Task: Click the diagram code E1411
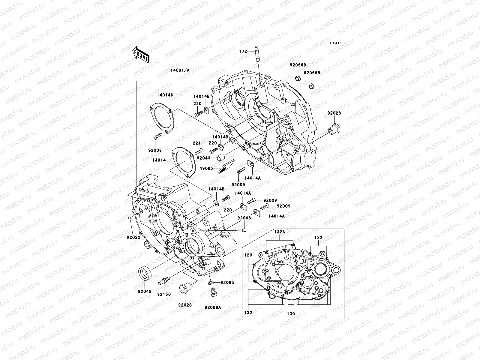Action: [x=336, y=43]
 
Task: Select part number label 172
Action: [x=243, y=51]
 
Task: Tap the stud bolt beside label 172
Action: [x=257, y=53]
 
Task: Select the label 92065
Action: [x=227, y=283]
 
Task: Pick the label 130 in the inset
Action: [x=291, y=313]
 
